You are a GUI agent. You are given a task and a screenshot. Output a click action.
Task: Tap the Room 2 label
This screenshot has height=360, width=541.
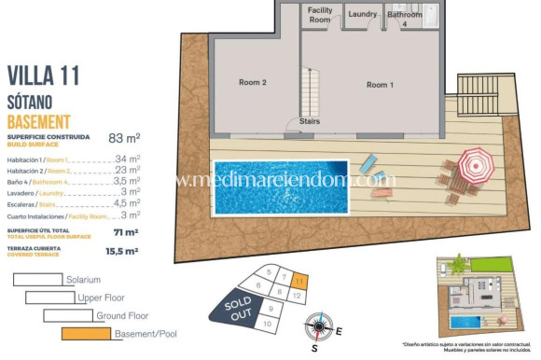click(253, 83)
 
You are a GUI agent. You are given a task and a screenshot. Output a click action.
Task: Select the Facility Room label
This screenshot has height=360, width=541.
click(320, 14)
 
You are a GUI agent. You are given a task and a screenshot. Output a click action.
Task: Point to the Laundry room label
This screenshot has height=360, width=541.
click(363, 15)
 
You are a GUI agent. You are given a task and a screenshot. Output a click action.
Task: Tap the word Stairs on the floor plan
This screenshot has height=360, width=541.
click(310, 121)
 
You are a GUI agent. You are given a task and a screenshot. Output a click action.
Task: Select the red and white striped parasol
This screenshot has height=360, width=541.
click(477, 168)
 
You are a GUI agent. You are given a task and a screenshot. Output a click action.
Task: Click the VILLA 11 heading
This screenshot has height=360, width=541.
click(44, 76)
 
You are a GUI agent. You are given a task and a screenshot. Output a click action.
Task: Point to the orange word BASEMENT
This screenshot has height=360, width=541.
click(39, 122)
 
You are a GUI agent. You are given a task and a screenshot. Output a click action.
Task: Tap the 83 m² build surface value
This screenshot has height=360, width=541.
click(124, 138)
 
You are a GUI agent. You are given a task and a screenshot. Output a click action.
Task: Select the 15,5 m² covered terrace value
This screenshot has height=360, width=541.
click(122, 251)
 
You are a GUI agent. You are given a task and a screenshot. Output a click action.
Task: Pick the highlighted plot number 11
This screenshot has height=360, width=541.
click(298, 278)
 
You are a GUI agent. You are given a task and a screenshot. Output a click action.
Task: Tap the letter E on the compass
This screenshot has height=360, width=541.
click(340, 331)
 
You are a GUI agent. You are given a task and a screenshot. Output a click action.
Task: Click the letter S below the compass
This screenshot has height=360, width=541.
click(315, 350)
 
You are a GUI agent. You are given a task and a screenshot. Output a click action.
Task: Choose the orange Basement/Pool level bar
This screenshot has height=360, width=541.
click(90, 333)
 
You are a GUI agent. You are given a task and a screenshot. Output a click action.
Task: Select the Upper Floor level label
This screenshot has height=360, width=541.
click(104, 298)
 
